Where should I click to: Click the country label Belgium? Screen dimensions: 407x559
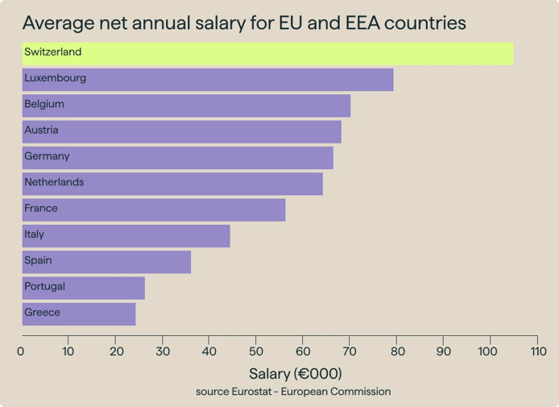pos(44,105)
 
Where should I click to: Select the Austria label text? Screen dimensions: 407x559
pos(41,131)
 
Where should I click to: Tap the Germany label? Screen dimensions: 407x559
pos(47,156)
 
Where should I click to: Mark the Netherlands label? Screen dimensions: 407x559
pos(54,183)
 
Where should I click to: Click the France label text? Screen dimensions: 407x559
pos(41,209)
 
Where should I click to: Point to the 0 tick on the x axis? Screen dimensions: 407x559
pos(21,351)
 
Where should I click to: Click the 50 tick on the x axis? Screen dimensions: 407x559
pos(256,351)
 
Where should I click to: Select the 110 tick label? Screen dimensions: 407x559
pos(538,351)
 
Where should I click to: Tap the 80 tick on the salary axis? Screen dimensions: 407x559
pos(397,351)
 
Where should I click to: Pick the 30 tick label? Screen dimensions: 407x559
pos(162,351)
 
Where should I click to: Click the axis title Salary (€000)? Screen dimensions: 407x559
pos(295,374)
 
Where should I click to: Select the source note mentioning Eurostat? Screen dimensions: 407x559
pos(293,392)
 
